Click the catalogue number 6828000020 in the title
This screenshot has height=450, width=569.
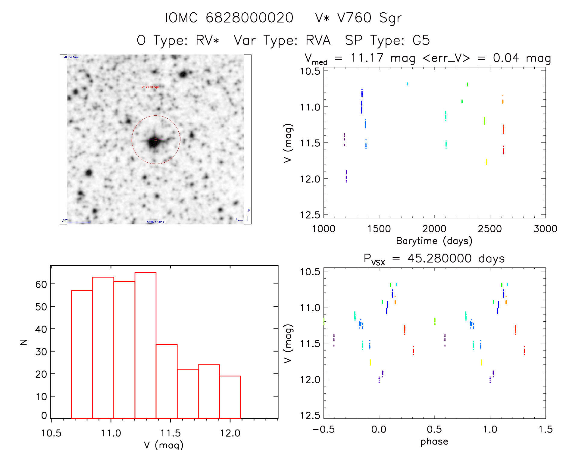pyautogui.click(x=249, y=18)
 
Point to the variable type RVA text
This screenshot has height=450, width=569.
pyautogui.click(x=318, y=40)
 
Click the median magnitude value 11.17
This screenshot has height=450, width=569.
pyautogui.click(x=367, y=58)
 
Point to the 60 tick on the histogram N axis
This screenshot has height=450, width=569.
pyautogui.click(x=41, y=284)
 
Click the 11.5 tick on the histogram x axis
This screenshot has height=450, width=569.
pyautogui.click(x=170, y=433)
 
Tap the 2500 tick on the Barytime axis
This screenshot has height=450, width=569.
pyautogui.click(x=490, y=229)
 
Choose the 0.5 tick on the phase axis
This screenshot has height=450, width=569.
pyautogui.click(x=434, y=429)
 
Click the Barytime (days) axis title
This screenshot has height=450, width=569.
pyautogui.click(x=434, y=241)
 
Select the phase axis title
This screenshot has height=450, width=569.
pyautogui.click(x=434, y=442)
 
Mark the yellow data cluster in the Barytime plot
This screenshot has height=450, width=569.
pyautogui.click(x=486, y=162)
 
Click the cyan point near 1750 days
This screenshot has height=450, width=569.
pyautogui.click(x=407, y=84)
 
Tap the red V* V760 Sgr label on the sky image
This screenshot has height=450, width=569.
pyautogui.click(x=150, y=87)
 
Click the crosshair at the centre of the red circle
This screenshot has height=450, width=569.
pyautogui.click(x=156, y=139)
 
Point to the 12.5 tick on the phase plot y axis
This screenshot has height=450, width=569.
pyautogui.click(x=310, y=415)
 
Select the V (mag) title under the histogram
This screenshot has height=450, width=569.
pyautogui.click(x=164, y=445)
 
